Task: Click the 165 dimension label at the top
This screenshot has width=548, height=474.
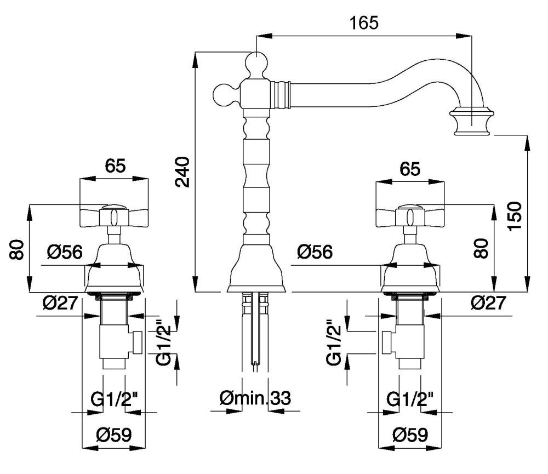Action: [364, 23]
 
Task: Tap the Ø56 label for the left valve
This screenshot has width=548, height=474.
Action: [64, 252]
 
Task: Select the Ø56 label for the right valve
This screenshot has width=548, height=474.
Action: [315, 252]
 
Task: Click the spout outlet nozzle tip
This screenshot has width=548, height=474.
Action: [471, 123]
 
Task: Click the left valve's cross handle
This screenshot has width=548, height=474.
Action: [114, 216]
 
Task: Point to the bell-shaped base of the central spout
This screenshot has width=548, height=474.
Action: [256, 269]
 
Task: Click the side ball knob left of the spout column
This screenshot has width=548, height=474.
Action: [223, 94]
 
